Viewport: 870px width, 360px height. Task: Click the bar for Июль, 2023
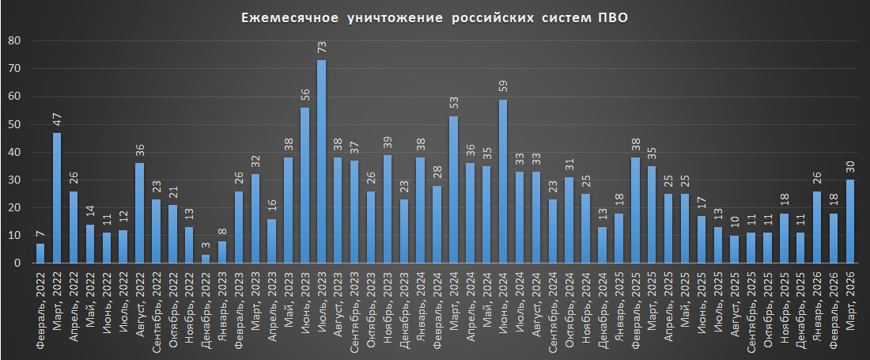pos(321,161)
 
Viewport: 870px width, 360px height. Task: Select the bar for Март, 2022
pos(57,198)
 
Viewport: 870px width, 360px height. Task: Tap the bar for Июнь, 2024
pos(503,181)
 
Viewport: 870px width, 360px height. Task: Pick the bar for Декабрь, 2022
pos(206,259)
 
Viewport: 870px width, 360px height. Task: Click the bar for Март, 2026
pos(850,222)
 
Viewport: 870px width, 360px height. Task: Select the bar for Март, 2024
pos(453,190)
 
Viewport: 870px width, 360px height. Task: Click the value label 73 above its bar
pos(321,47)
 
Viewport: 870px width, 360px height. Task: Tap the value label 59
pos(503,85)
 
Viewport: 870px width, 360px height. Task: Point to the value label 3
pos(206,245)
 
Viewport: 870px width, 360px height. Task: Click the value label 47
pos(57,119)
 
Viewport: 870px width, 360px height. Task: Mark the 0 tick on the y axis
pos(16,263)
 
